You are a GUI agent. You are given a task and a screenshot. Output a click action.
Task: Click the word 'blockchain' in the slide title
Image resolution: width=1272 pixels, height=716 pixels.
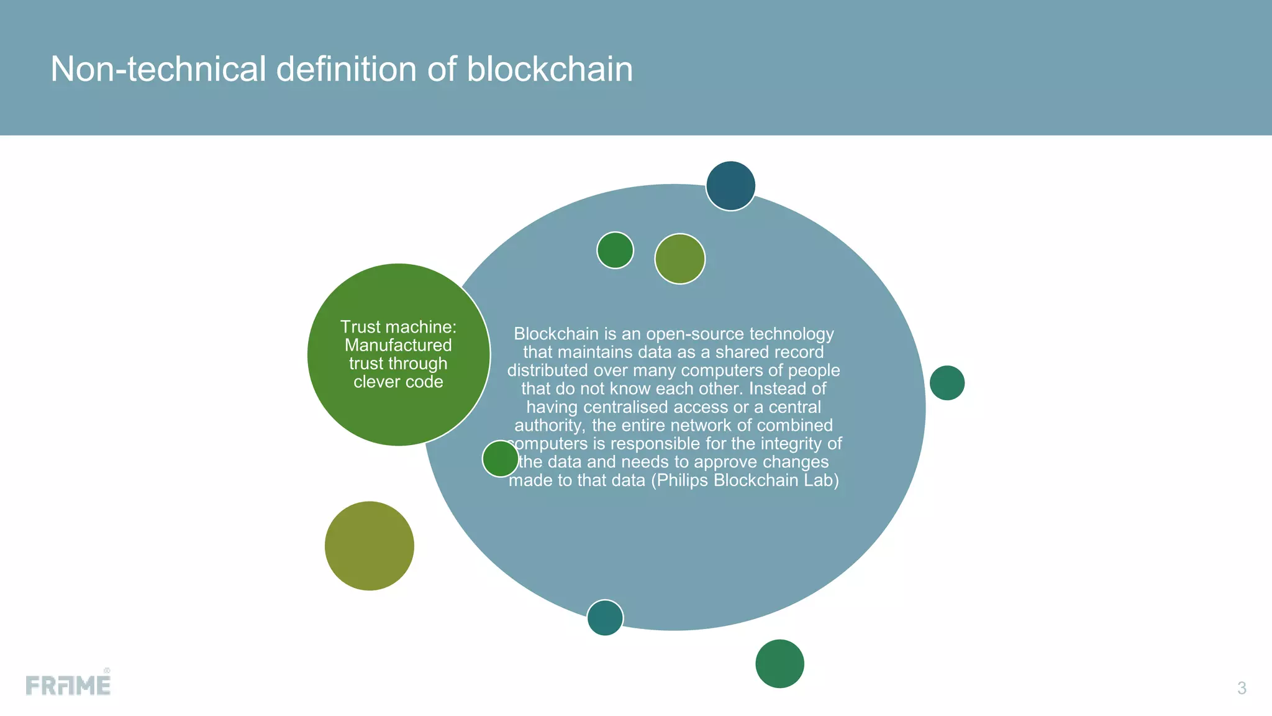(550, 69)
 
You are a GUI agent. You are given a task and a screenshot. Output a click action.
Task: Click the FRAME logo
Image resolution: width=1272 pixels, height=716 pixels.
(68, 684)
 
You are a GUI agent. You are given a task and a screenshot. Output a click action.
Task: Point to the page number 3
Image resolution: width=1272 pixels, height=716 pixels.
(1242, 688)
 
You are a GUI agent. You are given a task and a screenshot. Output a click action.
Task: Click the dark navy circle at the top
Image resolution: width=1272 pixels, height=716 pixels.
(730, 186)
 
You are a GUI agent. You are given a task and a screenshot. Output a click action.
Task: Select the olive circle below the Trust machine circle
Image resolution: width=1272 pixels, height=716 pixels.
(369, 546)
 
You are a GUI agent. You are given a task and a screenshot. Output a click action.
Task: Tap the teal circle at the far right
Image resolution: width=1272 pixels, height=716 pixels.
(947, 383)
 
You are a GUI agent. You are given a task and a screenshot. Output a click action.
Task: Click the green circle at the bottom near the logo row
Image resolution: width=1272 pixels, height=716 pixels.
(779, 664)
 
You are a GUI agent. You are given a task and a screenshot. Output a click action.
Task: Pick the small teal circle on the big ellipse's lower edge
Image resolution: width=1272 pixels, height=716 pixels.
(605, 618)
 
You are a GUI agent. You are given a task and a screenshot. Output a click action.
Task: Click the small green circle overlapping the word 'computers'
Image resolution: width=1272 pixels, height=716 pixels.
(500, 459)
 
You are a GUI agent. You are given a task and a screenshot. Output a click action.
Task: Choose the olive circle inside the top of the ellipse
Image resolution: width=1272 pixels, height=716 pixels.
(679, 259)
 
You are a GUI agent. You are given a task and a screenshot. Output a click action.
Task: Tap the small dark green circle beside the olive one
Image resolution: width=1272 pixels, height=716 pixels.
(615, 250)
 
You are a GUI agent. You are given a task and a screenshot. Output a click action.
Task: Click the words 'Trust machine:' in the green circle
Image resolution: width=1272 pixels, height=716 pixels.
(398, 327)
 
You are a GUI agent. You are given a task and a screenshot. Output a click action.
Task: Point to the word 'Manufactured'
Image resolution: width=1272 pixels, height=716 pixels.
(398, 345)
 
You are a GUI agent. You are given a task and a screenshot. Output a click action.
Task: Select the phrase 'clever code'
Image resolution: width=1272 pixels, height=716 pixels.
(398, 382)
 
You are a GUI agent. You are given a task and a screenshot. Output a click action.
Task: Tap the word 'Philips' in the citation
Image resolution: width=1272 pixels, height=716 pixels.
(683, 480)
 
